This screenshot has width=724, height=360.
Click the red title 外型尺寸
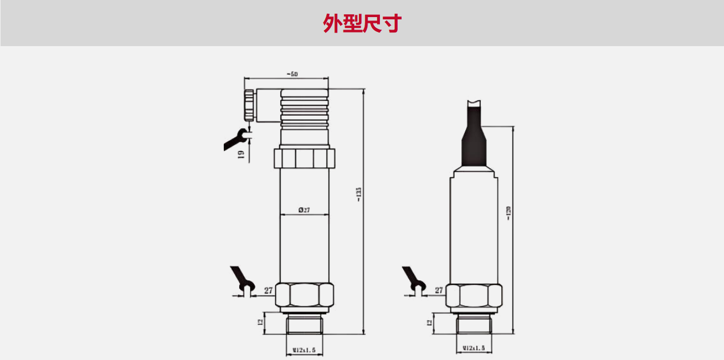(362, 23)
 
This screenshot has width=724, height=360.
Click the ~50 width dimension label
(292, 74)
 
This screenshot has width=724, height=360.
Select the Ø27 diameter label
(304, 210)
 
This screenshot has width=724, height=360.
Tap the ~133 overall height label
(358, 194)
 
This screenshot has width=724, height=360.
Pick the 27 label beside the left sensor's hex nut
(268, 291)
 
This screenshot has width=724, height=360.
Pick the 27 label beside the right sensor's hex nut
(439, 291)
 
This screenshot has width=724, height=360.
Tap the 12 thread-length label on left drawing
(260, 322)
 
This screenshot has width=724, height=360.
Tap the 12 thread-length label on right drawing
(429, 322)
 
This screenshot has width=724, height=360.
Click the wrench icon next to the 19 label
(236, 138)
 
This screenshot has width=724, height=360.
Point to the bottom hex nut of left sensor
(304, 296)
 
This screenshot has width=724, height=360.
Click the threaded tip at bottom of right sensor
(473, 326)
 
